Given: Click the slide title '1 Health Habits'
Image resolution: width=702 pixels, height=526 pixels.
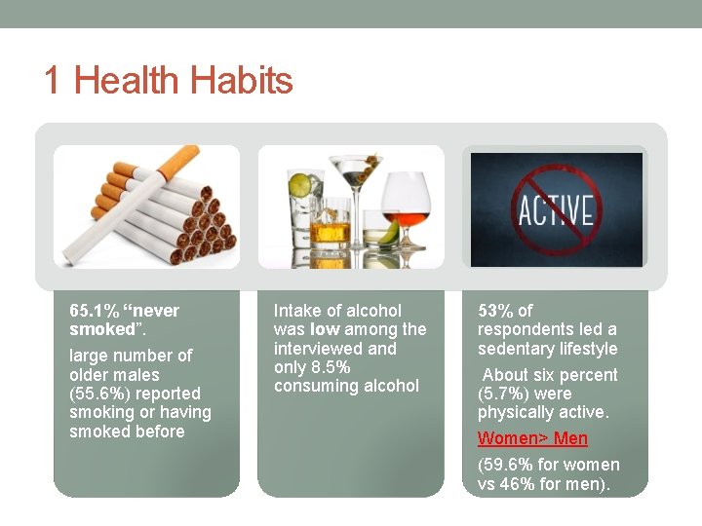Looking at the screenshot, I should [168, 80].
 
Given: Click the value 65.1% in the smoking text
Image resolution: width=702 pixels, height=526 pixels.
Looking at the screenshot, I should [94, 311].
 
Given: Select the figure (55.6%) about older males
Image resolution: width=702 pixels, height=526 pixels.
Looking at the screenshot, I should [101, 394].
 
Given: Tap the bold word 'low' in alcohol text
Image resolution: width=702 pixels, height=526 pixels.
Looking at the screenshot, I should [325, 329].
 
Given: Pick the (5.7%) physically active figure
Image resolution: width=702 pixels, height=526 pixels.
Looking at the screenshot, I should [498, 394].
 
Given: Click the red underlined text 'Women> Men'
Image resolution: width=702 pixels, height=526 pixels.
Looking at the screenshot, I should [532, 438].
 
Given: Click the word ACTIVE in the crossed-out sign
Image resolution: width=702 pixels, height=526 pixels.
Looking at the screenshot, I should [555, 208].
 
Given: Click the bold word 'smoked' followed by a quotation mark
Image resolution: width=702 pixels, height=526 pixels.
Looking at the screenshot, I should [101, 329].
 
